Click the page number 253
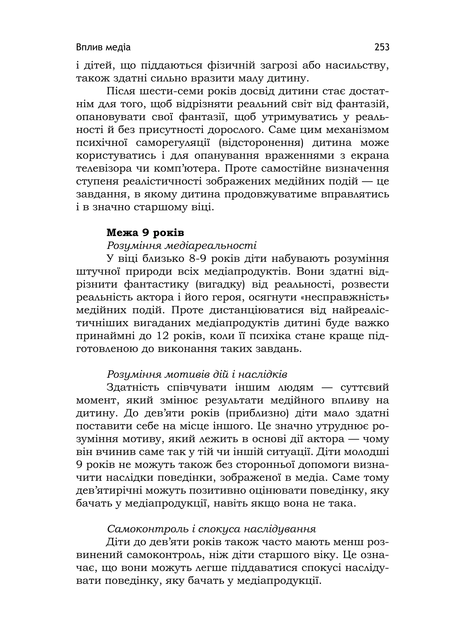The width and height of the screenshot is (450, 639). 382,47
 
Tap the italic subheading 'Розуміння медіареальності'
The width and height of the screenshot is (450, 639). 182,245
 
